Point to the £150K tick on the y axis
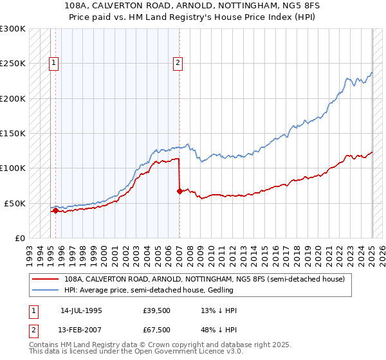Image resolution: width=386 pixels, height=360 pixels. (13, 134)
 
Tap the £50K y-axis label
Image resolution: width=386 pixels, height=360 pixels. (15, 203)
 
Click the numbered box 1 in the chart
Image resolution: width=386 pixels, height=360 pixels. (55, 63)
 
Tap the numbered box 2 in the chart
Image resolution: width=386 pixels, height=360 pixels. (178, 63)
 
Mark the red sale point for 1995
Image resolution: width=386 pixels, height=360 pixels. (55, 210)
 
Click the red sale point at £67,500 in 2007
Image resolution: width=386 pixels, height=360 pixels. (179, 191)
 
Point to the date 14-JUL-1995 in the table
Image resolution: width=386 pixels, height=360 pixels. (81, 310)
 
